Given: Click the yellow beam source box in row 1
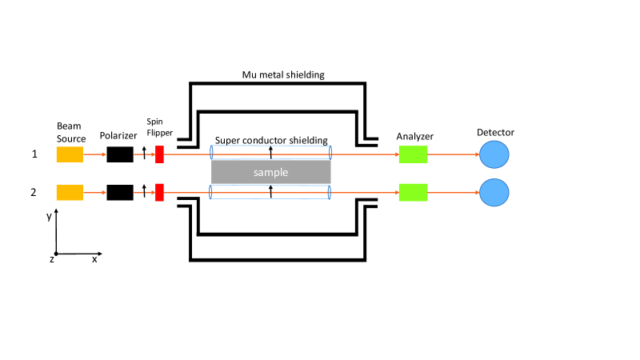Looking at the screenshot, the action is click(x=70, y=154).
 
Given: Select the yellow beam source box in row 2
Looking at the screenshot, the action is click(x=70, y=193).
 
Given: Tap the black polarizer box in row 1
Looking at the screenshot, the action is click(x=120, y=154).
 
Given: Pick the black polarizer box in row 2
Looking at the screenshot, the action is click(x=120, y=193).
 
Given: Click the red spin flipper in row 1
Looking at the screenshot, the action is click(x=159, y=154).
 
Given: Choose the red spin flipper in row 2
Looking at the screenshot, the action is click(x=159, y=193).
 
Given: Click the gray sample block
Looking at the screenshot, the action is click(x=271, y=172).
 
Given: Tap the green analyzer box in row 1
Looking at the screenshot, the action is click(x=413, y=154).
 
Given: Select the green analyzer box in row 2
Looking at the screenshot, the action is click(x=413, y=193).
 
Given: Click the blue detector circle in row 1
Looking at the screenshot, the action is click(x=494, y=154).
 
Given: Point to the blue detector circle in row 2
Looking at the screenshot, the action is click(x=494, y=193).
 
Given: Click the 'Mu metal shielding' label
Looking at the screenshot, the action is click(x=283, y=75).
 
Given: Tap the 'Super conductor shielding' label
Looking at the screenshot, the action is click(x=271, y=141).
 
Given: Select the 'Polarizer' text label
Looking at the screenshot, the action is click(x=118, y=136).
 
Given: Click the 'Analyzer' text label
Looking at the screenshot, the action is click(x=414, y=137).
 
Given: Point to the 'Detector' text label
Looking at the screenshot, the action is click(x=495, y=133).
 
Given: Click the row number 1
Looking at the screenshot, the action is click(x=34, y=154).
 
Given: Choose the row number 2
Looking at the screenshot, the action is click(x=34, y=192).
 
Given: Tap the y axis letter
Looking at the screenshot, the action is click(x=49, y=216).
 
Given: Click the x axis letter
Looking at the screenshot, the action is click(x=94, y=259).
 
